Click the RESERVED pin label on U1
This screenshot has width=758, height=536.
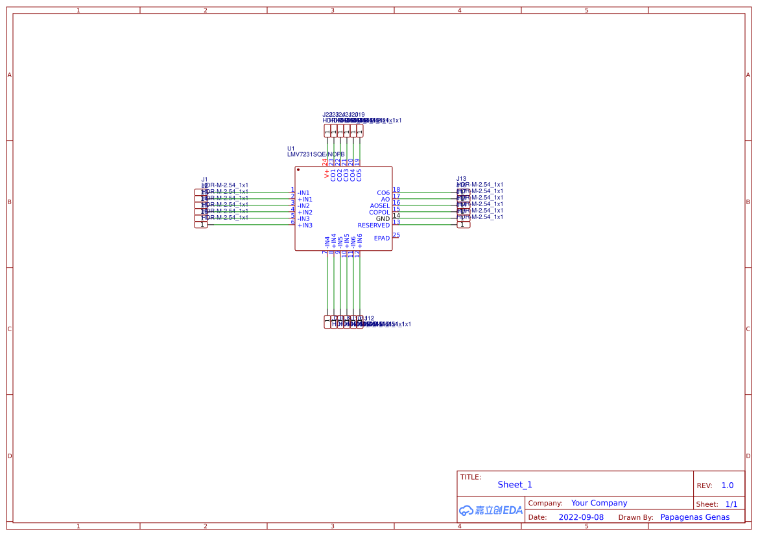point(373,226)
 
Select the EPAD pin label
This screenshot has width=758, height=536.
point(382,239)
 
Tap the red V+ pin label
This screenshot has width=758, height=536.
point(327,174)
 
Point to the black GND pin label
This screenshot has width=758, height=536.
point(383,219)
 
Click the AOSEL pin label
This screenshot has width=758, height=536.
point(379,206)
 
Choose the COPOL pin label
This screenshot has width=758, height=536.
point(379,213)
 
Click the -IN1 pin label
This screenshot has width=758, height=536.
point(303,193)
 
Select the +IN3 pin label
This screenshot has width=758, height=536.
point(305,226)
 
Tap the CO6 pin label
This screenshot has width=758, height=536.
point(383,193)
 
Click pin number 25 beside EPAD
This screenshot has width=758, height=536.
point(396,235)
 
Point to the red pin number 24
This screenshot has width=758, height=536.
point(325,162)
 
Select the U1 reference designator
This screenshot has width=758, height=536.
point(291,148)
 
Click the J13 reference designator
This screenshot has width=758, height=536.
point(461,179)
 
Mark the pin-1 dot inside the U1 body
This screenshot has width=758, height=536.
point(298,170)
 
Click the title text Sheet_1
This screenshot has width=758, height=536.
point(515,485)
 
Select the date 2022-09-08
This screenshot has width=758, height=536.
point(581,517)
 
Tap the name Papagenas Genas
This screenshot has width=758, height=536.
point(694,517)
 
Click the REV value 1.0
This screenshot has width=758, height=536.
point(728,485)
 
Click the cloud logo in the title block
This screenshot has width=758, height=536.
point(466,510)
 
